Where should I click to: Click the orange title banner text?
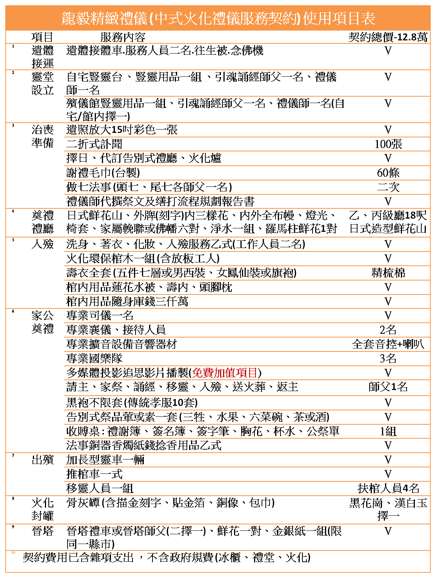(218, 18)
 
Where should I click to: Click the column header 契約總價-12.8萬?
(388, 37)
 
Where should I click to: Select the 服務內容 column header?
(123, 37)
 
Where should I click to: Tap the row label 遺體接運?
(43, 57)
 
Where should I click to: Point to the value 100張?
(388, 144)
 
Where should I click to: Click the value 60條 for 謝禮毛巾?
(388, 173)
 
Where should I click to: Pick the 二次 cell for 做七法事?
(388, 187)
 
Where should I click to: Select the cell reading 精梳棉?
(388, 273)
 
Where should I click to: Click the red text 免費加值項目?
(225, 373)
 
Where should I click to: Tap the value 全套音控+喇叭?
(388, 344)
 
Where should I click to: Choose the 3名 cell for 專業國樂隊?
(388, 358)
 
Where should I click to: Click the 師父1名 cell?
(388, 387)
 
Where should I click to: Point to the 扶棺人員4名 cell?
(388, 488)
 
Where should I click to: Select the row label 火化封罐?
(43, 509)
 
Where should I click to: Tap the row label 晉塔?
(43, 531)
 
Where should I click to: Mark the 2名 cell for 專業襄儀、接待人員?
(388, 330)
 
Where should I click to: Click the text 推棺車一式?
(94, 474)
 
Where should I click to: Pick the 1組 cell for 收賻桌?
(388, 431)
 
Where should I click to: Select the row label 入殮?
(43, 244)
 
